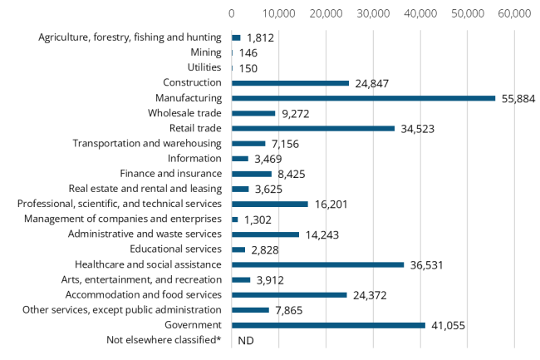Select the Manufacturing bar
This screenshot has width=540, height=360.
tap(363, 98)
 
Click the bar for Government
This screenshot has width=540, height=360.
tap(328, 325)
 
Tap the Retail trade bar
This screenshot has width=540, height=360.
tap(313, 128)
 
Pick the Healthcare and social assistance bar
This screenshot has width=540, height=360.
tap(317, 264)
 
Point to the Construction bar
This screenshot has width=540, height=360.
tap(290, 83)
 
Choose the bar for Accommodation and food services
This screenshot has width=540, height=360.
tap(289, 294)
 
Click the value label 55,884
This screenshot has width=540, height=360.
tap(518, 98)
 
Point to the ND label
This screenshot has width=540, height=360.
tap(245, 340)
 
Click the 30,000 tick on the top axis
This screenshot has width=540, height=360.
tap(373, 14)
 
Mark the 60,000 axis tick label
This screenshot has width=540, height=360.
tap(514, 14)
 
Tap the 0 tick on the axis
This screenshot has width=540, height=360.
tap(232, 14)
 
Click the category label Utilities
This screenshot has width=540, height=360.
tap(204, 67)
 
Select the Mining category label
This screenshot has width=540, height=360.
tap(205, 52)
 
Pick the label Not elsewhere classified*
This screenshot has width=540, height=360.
tap(164, 340)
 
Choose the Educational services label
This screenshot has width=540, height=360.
tap(175, 249)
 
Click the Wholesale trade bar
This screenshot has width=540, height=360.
tap(253, 113)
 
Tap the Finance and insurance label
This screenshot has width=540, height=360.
tap(170, 174)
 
